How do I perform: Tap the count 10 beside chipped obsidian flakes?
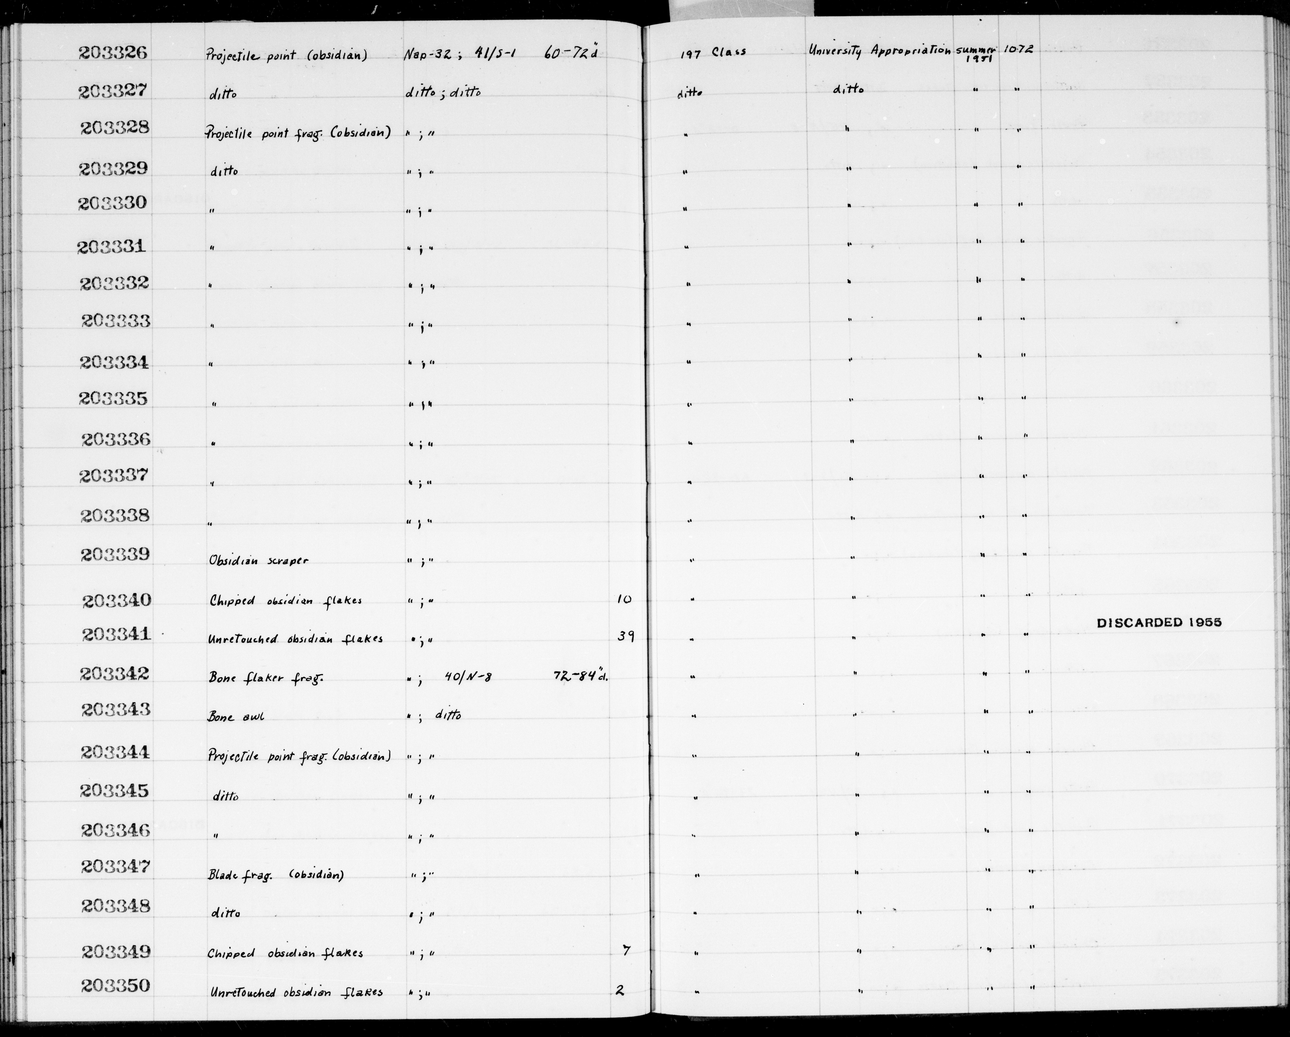tap(624, 599)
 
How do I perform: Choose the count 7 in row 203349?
tap(626, 950)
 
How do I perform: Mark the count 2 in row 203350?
tap(620, 990)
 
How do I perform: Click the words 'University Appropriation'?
tap(880, 52)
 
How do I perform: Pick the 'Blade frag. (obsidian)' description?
tap(275, 875)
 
